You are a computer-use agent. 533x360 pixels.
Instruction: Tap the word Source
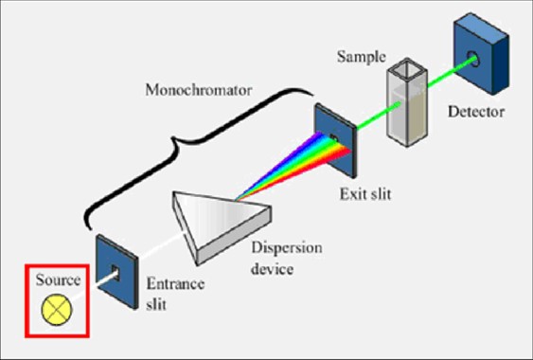coord(55,280)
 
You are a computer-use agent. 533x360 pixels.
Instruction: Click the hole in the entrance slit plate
coord(115,273)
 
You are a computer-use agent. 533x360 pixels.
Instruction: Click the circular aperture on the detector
coord(476,61)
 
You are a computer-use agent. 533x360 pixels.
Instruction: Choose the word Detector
coord(476,113)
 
